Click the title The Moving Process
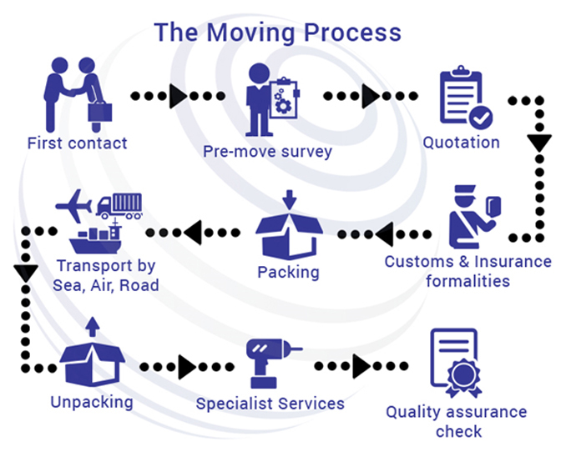[x=277, y=33]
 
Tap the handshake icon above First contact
[x=78, y=94]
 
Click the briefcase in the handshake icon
[x=100, y=112]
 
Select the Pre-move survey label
[x=267, y=152]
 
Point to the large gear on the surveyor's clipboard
[x=283, y=106]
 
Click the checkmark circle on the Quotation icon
[x=481, y=118]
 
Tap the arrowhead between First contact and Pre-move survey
[x=179, y=96]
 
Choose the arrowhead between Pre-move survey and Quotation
[x=371, y=96]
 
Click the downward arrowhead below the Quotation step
[x=539, y=143]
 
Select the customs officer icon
[x=475, y=217]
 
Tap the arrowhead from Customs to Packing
[x=384, y=234]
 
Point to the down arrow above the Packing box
[x=290, y=199]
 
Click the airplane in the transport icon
[x=74, y=206]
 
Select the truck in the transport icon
[x=119, y=206]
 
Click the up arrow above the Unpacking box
[x=93, y=326]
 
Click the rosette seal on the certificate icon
[x=463, y=378]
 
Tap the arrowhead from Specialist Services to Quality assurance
[x=361, y=366]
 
